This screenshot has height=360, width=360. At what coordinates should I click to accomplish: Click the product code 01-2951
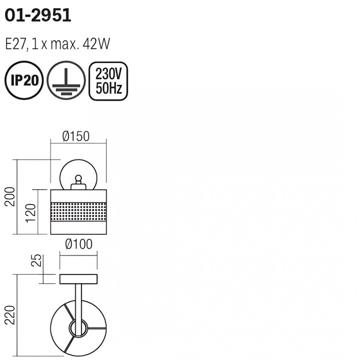[x=38, y=15]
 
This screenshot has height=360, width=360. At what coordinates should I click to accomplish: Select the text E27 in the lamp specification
[x=15, y=44]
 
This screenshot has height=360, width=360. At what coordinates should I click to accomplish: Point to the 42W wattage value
[x=96, y=44]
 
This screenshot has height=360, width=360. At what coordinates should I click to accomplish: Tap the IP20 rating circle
[x=24, y=80]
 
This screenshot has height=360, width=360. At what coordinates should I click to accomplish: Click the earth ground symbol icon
[x=66, y=80]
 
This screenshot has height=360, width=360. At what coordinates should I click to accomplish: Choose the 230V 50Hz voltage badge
[x=108, y=81]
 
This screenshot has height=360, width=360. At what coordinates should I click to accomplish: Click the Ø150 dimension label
[x=76, y=136]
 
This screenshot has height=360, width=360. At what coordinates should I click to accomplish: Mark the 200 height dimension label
[x=10, y=197]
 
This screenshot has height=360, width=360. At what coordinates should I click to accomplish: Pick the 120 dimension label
[x=31, y=213]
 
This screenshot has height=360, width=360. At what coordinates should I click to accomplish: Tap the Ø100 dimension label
[x=79, y=244]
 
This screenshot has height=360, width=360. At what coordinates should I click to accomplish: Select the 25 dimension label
[x=36, y=260]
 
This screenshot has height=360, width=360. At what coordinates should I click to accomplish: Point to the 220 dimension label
[x=10, y=315]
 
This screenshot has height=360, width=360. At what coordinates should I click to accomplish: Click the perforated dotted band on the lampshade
[x=78, y=212]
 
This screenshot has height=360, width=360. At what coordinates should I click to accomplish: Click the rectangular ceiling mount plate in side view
[x=78, y=279]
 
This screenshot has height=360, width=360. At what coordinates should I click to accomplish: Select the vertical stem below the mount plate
[x=78, y=303]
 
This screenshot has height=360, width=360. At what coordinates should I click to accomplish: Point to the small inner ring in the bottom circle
[x=78, y=328]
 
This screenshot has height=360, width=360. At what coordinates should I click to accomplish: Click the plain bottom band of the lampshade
[x=78, y=228]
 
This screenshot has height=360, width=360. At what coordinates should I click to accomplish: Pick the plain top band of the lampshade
[x=78, y=196]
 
